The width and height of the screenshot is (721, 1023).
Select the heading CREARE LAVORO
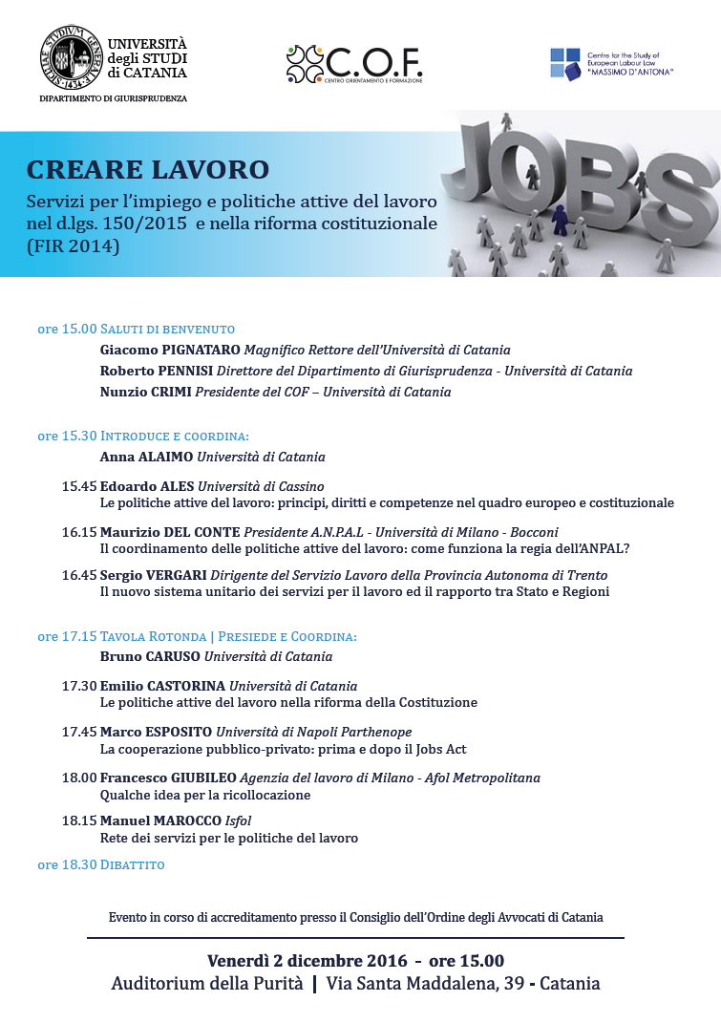coord(148,170)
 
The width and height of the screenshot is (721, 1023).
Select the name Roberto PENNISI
coord(157,371)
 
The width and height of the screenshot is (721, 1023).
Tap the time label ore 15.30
coord(67,436)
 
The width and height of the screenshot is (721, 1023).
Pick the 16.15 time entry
coord(79,531)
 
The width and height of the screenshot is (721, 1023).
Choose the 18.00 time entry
coord(79,778)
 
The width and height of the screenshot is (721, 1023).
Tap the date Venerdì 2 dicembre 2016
coord(307,961)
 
